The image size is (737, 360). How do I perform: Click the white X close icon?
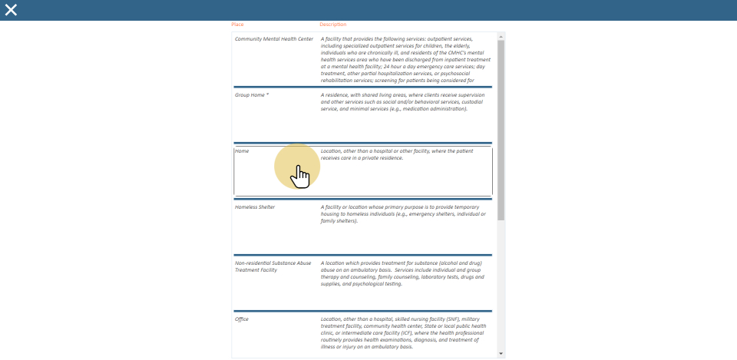point(11,10)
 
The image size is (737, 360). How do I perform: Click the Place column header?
point(237,25)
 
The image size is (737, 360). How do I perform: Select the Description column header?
point(332,25)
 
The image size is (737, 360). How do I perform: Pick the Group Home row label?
point(251,94)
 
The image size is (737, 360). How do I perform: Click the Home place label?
point(242,151)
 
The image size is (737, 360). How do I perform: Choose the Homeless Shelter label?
point(255,207)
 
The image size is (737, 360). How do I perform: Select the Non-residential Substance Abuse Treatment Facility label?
point(273,266)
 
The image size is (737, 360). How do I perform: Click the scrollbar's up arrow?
point(501,36)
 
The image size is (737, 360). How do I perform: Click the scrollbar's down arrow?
point(501,354)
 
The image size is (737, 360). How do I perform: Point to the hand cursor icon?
point(299,177)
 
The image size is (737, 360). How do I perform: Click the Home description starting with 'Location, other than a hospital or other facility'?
point(397,154)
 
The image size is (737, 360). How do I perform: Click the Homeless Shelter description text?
point(403,213)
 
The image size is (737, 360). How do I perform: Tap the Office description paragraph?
point(403,332)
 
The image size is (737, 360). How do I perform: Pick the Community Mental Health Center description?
point(399,59)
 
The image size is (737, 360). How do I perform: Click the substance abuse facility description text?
point(403,273)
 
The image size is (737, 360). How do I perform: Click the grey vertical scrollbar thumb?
point(501,130)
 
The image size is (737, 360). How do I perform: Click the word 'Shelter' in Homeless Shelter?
point(265,207)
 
